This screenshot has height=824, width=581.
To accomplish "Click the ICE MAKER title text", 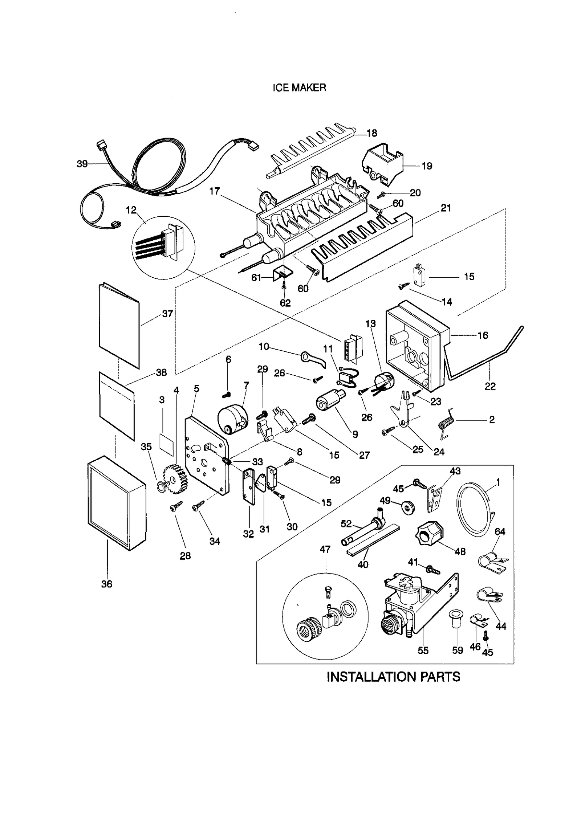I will coord(299,88).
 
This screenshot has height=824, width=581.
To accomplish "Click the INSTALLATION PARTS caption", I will coord(393,677).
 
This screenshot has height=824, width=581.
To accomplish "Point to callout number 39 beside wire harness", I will coord(82,164).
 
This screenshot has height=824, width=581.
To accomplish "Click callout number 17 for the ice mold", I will coord(214,191).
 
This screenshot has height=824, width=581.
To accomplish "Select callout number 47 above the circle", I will coord(325,550).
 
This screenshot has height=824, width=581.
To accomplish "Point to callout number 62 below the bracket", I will coord(285,303).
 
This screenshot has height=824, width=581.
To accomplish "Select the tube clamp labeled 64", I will coord(491,563).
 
